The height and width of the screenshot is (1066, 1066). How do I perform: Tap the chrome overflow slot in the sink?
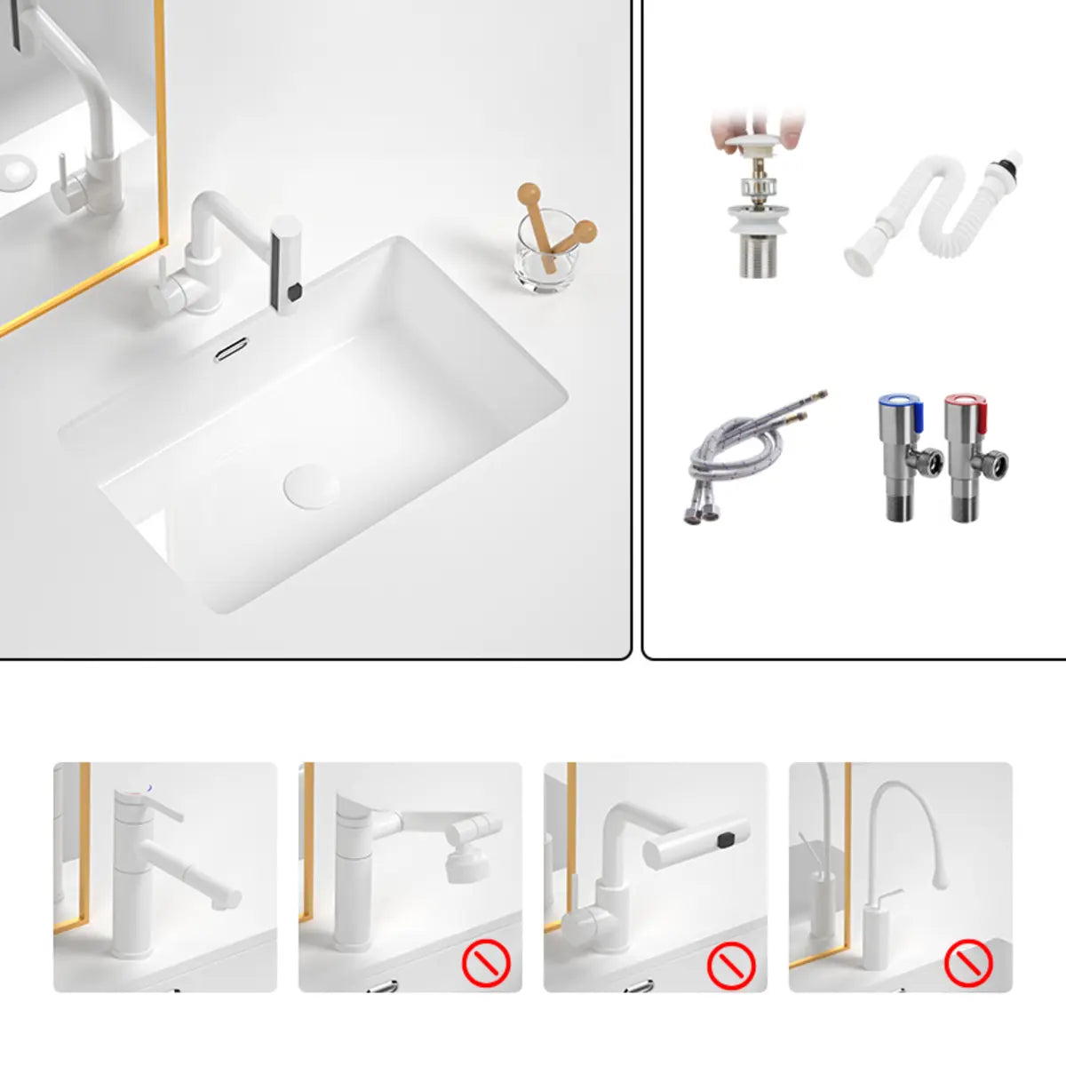pyautogui.click(x=230, y=349)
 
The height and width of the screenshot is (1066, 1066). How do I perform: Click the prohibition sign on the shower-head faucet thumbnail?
pyautogui.click(x=486, y=962)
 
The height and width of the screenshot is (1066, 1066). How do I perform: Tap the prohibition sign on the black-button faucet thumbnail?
pyautogui.click(x=731, y=962)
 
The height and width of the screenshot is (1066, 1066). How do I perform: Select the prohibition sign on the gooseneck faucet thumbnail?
pyautogui.click(x=967, y=962)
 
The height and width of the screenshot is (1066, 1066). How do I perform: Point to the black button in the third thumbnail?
pyautogui.click(x=728, y=838)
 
